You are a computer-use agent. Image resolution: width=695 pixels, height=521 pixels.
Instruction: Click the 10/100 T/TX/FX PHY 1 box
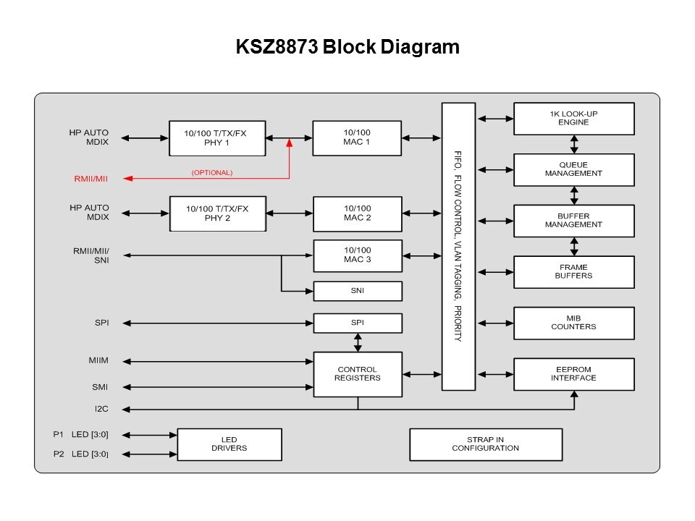click(216, 137)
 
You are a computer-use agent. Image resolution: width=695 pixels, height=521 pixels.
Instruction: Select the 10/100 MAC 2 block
click(357, 213)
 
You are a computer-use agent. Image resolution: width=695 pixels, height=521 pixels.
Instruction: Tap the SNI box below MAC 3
click(357, 291)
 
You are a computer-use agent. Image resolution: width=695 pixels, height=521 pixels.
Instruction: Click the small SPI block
click(357, 323)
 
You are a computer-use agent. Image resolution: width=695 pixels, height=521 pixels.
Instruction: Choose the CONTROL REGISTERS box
click(357, 374)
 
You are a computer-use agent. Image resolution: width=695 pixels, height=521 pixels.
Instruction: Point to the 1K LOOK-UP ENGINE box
click(573, 118)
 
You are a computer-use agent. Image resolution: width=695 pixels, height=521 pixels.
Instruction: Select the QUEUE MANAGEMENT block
click(573, 169)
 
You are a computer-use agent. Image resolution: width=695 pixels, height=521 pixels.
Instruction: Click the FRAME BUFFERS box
click(573, 271)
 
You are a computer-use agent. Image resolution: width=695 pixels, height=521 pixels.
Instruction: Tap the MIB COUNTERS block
click(573, 323)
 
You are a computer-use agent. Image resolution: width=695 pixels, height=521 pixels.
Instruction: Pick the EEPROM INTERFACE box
click(573, 374)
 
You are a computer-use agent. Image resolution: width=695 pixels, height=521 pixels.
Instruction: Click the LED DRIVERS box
click(229, 444)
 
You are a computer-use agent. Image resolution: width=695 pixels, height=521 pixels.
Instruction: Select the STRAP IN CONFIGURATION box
click(485, 444)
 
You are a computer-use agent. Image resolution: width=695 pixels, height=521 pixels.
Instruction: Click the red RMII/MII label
click(90, 179)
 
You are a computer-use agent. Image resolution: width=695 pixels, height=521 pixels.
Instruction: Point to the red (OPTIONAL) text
click(211, 173)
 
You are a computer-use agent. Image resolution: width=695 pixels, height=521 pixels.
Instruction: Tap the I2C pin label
click(101, 410)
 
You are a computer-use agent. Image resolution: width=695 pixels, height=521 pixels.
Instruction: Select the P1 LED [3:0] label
click(81, 435)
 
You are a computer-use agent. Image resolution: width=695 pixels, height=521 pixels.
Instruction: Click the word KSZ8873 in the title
click(277, 48)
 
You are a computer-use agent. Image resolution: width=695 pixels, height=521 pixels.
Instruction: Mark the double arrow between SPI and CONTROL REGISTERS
click(357, 342)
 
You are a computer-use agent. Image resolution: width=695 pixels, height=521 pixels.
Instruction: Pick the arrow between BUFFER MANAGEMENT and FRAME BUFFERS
click(574, 246)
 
